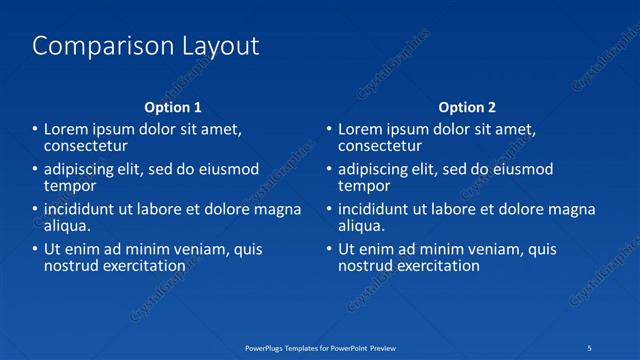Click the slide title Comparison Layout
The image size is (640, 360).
pyautogui.click(x=146, y=46)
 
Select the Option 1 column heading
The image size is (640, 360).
pyautogui.click(x=173, y=107)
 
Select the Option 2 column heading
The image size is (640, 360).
pyautogui.click(x=467, y=107)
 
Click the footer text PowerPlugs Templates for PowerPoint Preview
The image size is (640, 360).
pyautogui.click(x=320, y=347)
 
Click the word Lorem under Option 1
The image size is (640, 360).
pyautogui.click(x=68, y=129)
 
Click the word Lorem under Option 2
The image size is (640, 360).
pyautogui.click(x=362, y=129)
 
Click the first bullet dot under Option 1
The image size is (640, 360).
pyautogui.click(x=34, y=130)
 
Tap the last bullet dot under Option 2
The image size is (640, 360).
pyautogui.click(x=328, y=250)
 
